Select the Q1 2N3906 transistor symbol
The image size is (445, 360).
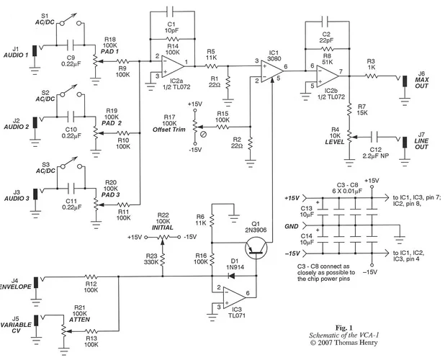click(x=256, y=248)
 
